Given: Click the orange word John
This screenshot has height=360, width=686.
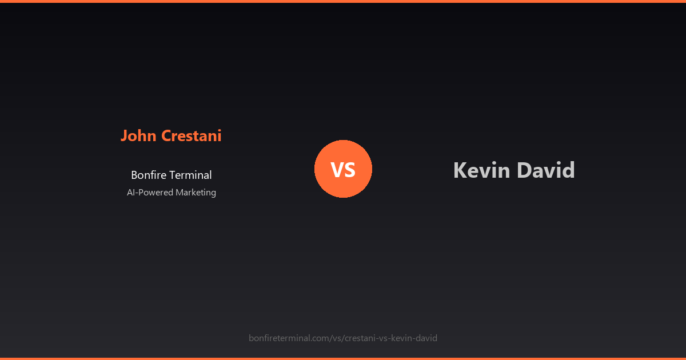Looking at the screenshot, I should pyautogui.click(x=139, y=136).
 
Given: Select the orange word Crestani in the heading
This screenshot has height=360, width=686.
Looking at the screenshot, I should pyautogui.click(x=192, y=136).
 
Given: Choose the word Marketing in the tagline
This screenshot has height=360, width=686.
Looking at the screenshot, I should pyautogui.click(x=196, y=193).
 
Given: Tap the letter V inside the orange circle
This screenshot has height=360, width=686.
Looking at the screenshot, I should pyautogui.click(x=337, y=170).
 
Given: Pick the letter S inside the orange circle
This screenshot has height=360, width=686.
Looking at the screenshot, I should pyautogui.click(x=350, y=170).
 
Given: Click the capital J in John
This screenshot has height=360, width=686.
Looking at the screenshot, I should pyautogui.click(x=124, y=136).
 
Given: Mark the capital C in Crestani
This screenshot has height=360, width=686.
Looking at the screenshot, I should pyautogui.click(x=166, y=136).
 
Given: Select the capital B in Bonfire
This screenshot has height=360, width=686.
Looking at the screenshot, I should pyautogui.click(x=134, y=175).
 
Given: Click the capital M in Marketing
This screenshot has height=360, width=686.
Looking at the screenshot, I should pyautogui.click(x=180, y=193).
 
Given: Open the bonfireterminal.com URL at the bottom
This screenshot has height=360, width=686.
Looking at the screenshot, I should pyautogui.click(x=343, y=338).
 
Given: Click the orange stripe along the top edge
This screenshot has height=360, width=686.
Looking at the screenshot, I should pyautogui.click(x=343, y=1).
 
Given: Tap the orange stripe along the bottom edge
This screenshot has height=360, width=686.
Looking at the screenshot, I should pyautogui.click(x=343, y=358).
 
